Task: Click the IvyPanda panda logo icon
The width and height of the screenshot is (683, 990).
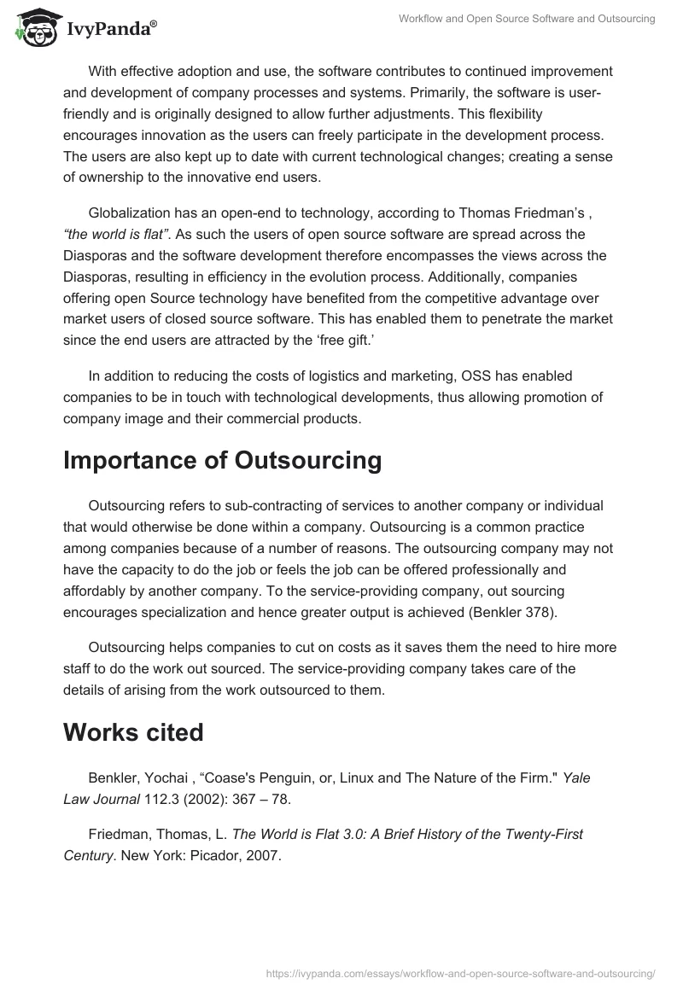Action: [35, 28]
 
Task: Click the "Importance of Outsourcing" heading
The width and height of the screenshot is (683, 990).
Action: [222, 460]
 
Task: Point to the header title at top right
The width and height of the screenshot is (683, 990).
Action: [527, 19]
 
